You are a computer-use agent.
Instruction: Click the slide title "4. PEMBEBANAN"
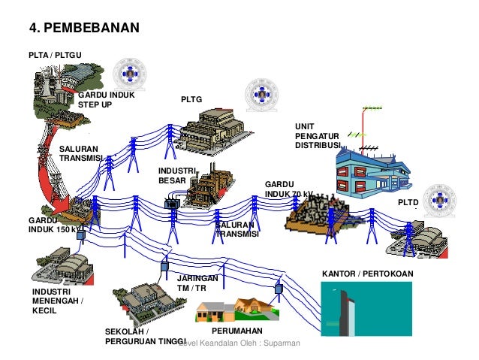(84, 29)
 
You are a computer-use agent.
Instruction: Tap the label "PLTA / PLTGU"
(55, 55)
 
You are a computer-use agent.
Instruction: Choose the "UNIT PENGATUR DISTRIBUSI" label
(318, 135)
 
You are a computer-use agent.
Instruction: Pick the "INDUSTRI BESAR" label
(175, 176)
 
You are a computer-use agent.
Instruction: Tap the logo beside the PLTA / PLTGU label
(129, 75)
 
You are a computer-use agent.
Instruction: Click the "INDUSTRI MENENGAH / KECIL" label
(58, 301)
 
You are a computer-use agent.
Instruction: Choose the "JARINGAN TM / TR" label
(197, 283)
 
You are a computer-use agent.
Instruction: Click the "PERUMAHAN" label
(236, 331)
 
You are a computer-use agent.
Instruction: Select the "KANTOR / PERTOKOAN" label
(367, 274)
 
